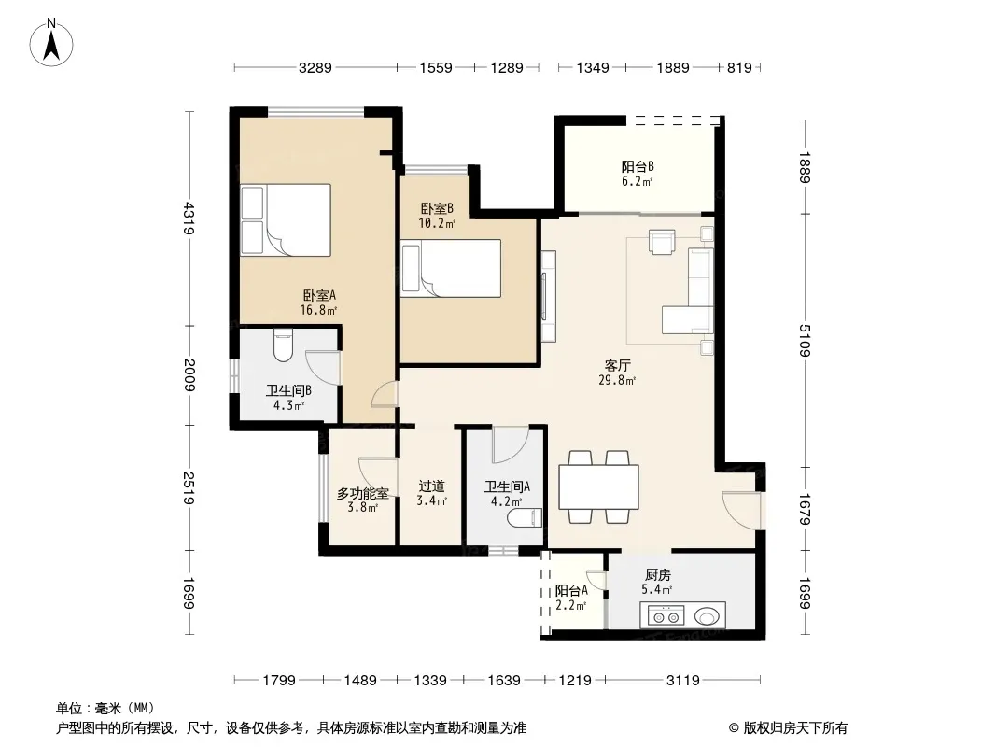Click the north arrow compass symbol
[51, 43]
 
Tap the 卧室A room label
[319, 295]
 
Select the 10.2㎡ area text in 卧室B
[437, 223]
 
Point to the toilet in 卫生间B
[283, 345]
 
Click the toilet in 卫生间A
[525, 518]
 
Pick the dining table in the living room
[598, 486]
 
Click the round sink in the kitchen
[708, 615]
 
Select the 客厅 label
[617, 366]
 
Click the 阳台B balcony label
[638, 167]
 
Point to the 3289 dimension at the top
[315, 67]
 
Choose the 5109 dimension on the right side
[805, 340]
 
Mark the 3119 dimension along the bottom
[683, 681]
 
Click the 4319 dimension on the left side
[189, 218]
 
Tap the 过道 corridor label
[431, 486]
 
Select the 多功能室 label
[362, 492]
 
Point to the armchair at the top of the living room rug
[663, 242]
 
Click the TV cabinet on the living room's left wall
[548, 296]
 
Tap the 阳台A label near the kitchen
[571, 590]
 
